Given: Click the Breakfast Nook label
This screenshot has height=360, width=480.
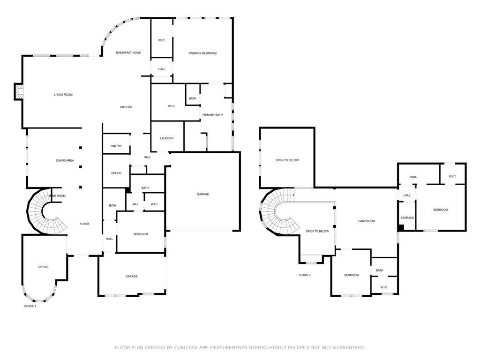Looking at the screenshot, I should [128, 53].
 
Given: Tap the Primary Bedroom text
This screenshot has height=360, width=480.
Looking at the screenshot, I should [202, 53].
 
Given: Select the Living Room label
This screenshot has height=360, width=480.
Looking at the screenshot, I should [63, 95].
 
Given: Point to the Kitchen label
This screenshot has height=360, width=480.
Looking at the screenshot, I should [126, 107].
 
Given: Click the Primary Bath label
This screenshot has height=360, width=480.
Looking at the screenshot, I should [212, 115].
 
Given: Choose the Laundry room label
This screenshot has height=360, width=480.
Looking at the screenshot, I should [166, 138].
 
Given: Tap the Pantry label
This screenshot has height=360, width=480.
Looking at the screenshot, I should [116, 146].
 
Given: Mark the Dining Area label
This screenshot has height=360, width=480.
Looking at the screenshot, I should [65, 161].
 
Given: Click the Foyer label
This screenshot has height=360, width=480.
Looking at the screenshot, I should [84, 224].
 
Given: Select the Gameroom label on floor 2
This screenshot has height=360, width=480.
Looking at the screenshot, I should [367, 221].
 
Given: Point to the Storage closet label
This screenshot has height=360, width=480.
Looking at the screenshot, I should [407, 218].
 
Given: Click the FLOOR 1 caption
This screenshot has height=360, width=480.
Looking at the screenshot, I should [30, 306].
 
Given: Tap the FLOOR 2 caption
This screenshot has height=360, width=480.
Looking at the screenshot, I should [304, 275].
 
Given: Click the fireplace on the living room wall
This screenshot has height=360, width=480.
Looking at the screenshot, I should [19, 91].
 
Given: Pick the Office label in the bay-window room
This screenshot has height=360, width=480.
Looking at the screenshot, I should [43, 267].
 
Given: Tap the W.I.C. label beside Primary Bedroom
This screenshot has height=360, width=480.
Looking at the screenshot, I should [162, 40].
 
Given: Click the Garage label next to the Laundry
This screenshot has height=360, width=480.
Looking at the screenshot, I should [203, 194].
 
